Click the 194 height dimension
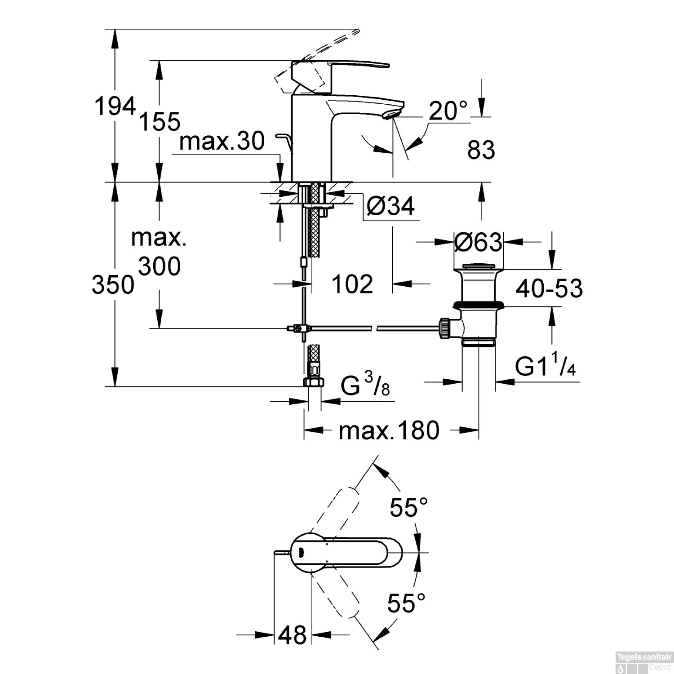pyautogui.click(x=115, y=107)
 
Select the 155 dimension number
pyautogui.click(x=160, y=121)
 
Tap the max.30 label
pyautogui.click(x=222, y=142)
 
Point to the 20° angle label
pyautogui.click(x=448, y=111)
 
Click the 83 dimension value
pyautogui.click(x=481, y=150)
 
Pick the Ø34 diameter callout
pyautogui.click(x=390, y=206)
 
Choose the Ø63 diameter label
pyautogui.click(x=478, y=243)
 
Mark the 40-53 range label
pyautogui.click(x=549, y=288)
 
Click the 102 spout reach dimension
pyautogui.click(x=352, y=284)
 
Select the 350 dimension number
pyautogui.click(x=113, y=285)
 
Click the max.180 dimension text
pyautogui.click(x=389, y=430)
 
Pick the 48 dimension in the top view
pyautogui.click(x=292, y=635)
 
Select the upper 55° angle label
pyautogui.click(x=408, y=508)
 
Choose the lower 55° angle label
pyautogui.click(x=406, y=603)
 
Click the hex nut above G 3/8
pyautogui.click(x=314, y=382)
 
